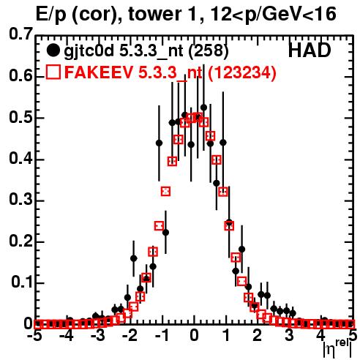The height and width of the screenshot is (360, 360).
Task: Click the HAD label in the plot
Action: [310, 50]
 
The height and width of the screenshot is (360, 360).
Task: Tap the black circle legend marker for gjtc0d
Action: [53, 50]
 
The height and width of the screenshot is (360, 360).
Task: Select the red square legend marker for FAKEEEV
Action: [53, 72]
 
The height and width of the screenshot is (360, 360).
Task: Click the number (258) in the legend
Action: [209, 51]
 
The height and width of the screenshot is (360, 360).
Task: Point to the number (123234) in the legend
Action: [241, 72]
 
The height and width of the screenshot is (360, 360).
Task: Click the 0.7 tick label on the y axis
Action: [20, 34]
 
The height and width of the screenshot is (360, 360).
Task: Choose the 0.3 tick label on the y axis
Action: [20, 199]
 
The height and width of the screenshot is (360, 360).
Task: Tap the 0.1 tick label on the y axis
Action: [21, 282]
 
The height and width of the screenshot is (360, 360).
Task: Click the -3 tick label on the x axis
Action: [97, 335]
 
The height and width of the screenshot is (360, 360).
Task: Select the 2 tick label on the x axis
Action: [258, 335]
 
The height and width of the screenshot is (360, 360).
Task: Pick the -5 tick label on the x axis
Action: [34, 335]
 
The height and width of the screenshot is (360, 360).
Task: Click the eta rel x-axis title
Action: [338, 348]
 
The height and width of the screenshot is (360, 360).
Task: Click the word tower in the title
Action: [154, 14]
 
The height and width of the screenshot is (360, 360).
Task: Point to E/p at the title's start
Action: [50, 15]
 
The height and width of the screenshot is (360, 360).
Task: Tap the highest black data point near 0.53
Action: [203, 108]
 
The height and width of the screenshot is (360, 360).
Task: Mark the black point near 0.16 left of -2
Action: [134, 258]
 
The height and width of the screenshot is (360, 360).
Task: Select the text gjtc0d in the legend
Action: [89, 51]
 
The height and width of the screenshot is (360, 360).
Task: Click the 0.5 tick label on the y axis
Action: [20, 117]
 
